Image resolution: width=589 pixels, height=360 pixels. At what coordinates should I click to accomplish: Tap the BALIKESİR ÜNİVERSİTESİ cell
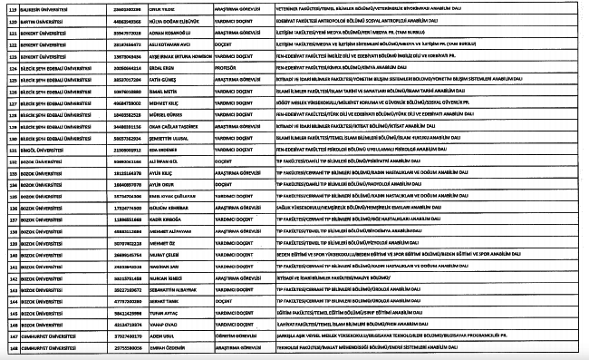coord(42,7)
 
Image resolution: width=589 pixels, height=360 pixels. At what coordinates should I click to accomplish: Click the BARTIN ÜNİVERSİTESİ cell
coord(40,18)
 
